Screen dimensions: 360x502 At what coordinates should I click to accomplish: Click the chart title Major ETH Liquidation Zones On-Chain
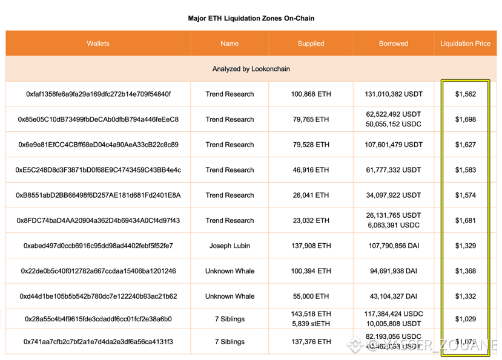coord(251,18)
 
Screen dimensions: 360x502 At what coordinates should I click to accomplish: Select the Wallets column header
coord(98,44)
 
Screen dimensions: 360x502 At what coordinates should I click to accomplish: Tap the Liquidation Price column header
coord(465,44)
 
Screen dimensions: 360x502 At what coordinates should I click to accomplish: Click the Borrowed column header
coord(394,44)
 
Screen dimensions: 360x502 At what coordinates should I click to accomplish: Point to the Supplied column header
coord(311,44)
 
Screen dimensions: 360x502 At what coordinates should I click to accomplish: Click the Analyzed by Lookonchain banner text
coord(251,69)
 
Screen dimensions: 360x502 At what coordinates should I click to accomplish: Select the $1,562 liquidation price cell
coord(465,94)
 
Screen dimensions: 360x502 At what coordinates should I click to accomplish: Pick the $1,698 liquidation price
coord(465,120)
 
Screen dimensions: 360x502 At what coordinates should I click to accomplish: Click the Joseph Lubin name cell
coord(230,246)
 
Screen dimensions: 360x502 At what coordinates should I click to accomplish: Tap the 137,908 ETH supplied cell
coord(311,246)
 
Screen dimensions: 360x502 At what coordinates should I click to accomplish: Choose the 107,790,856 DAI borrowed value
coord(394,246)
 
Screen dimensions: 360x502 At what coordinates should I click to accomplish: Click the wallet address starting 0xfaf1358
coord(98,94)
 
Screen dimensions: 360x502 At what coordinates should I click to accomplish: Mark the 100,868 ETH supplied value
coord(311,94)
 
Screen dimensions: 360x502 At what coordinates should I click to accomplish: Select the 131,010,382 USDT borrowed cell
coord(394,94)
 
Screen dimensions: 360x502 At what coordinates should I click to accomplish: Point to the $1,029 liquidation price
coord(465,319)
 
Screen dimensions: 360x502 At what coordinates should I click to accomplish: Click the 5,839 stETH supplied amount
coord(311,324)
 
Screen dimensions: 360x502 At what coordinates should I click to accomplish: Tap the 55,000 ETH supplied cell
coord(311,296)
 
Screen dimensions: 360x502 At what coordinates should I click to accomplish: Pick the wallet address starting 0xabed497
coord(98,246)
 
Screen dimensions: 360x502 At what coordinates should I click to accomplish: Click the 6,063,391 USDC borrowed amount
coord(394,225)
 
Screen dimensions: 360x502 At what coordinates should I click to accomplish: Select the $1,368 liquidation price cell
coord(465,271)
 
